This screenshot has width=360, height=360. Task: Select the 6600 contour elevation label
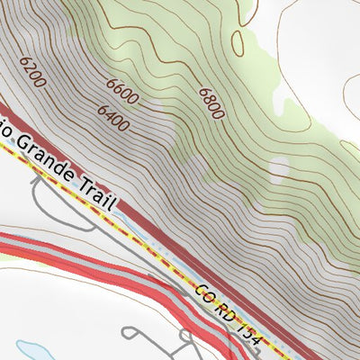123,90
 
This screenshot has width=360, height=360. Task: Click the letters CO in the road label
203,293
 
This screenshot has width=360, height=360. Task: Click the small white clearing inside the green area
280,169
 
